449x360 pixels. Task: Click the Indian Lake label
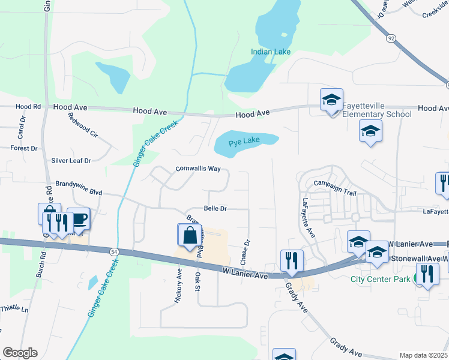coord(271,52)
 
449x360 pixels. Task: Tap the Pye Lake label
coord(244,140)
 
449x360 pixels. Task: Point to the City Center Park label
coord(381,279)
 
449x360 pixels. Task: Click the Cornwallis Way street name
coord(198,169)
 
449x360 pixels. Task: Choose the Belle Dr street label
coord(215,209)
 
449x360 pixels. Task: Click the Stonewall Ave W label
coord(418,259)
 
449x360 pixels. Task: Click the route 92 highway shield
coord(391,38)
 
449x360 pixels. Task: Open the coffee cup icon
coord(79,218)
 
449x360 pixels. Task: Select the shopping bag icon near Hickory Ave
coord(190,235)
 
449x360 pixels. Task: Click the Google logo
coord(20,353)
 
